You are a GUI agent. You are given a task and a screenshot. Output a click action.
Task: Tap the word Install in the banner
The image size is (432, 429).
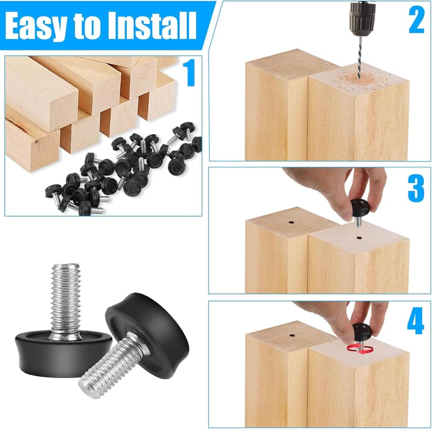(x=152, y=25)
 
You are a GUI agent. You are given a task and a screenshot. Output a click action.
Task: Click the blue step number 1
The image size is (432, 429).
(x=189, y=72)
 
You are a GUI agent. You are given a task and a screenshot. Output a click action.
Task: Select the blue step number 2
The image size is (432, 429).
(x=416, y=20)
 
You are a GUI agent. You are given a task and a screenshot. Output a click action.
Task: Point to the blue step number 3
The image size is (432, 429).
(x=416, y=189)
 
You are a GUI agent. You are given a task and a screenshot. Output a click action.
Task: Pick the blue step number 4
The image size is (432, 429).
(x=415, y=320)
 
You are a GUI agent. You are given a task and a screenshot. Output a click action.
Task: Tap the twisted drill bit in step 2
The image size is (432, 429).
(x=360, y=57)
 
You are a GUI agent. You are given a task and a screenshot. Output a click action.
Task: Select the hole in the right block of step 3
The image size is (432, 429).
(x=359, y=237)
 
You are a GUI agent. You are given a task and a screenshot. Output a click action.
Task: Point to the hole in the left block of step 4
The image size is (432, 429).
(x=292, y=336)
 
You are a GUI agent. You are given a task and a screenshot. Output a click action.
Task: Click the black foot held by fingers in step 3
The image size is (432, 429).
(x=360, y=207)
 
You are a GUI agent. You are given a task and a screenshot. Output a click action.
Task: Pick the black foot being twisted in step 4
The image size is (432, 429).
(x=362, y=332)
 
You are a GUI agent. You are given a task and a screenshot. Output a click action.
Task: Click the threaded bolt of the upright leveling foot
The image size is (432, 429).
(x=65, y=299)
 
